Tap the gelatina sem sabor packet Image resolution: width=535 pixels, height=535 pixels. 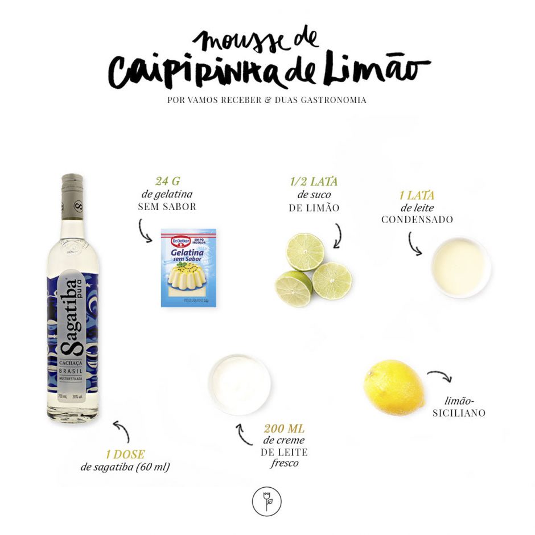pyautogui.click(x=188, y=267)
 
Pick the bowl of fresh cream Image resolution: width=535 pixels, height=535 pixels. pyautogui.click(x=239, y=384)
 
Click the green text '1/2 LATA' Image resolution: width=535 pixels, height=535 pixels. pyautogui.click(x=314, y=182)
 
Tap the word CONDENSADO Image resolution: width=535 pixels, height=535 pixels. pyautogui.click(x=417, y=220)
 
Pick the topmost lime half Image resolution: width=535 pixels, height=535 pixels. pyautogui.click(x=305, y=251)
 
